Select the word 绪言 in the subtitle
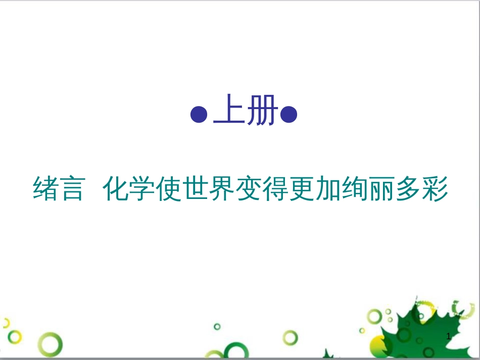tap(58, 189)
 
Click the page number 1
tap(449, 336)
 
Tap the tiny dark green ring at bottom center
tap(217, 327)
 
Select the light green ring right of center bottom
tap(290, 337)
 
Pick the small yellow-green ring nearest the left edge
tap(15, 337)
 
